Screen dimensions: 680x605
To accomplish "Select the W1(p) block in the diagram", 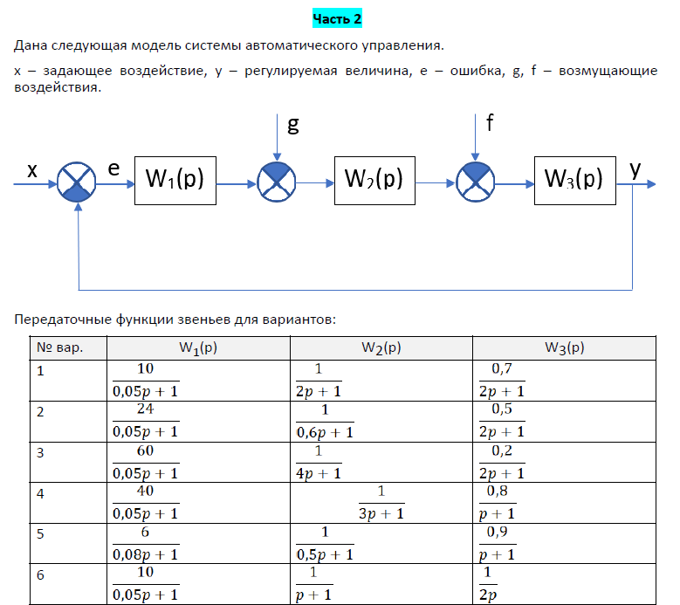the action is pyautogui.click(x=175, y=181).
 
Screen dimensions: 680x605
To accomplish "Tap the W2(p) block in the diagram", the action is pyautogui.click(x=374, y=181).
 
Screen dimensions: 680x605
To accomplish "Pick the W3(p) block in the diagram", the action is pyautogui.click(x=574, y=181).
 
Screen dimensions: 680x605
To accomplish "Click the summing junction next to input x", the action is pyautogui.click(x=78, y=182).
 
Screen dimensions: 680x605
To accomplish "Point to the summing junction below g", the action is pyautogui.click(x=278, y=182).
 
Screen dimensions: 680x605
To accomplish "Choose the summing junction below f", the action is pyautogui.click(x=477, y=182).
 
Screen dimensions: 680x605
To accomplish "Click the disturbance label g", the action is pyautogui.click(x=293, y=125).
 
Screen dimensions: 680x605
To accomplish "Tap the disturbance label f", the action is pyautogui.click(x=491, y=123).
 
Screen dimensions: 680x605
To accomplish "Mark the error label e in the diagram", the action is pyautogui.click(x=113, y=168).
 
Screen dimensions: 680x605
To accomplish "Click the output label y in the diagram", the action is pyautogui.click(x=636, y=168).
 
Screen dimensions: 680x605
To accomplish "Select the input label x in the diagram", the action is pyautogui.click(x=32, y=171).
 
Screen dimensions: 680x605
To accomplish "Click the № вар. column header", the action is pyautogui.click(x=60, y=347).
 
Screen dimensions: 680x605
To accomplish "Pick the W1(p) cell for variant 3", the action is pyautogui.click(x=145, y=461).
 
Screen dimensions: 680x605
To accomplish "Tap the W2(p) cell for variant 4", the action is pyautogui.click(x=381, y=501).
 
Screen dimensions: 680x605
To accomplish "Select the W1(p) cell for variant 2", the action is pyautogui.click(x=145, y=421).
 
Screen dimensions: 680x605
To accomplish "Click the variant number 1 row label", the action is pyautogui.click(x=40, y=370).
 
